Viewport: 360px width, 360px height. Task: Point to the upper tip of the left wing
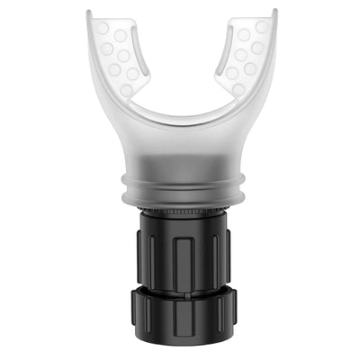point(93,13)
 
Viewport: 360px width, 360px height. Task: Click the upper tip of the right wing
point(271,13)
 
